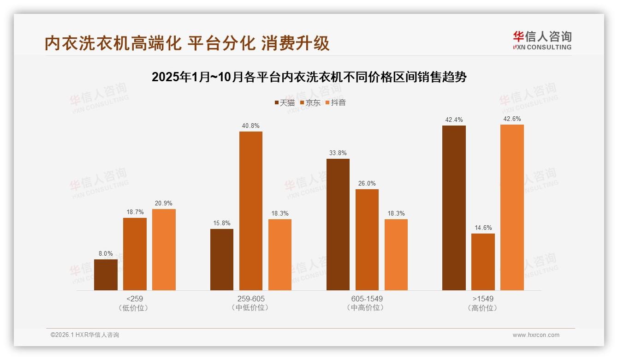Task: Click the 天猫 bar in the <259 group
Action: click(x=106, y=275)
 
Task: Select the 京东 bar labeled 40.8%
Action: click(x=250, y=211)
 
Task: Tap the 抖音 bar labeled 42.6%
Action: click(x=512, y=207)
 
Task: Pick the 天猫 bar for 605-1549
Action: click(x=338, y=224)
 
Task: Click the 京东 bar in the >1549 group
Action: click(x=483, y=262)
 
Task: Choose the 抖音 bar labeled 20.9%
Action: click(x=164, y=249)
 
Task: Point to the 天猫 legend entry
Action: click(x=285, y=102)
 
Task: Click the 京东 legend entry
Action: click(x=310, y=102)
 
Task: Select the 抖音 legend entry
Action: click(x=336, y=102)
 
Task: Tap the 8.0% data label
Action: click(x=106, y=253)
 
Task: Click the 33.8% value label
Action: click(x=338, y=153)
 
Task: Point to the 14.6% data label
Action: click(x=483, y=228)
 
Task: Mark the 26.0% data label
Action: click(x=367, y=183)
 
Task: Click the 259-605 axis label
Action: click(x=251, y=299)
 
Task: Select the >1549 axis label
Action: click(x=483, y=299)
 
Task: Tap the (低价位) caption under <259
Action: click(x=135, y=308)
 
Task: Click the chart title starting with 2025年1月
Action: click(x=309, y=77)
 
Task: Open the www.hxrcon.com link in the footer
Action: click(x=536, y=335)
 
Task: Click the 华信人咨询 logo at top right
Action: click(x=542, y=40)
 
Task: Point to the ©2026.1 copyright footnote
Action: click(x=85, y=335)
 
